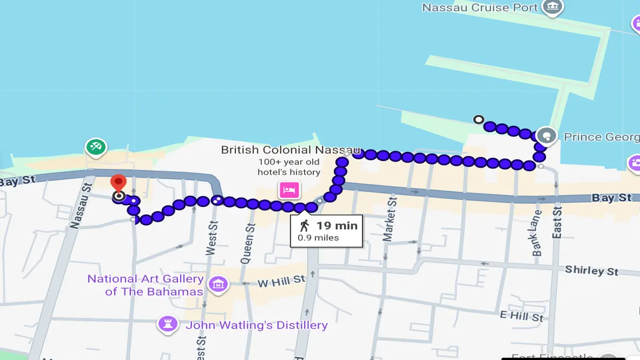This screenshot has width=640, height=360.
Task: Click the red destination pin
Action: (x=118, y=182)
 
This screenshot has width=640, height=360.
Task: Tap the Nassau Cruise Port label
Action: (x=479, y=7)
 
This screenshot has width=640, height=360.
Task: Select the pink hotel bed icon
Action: (x=289, y=189)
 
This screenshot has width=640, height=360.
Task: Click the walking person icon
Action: (x=305, y=225)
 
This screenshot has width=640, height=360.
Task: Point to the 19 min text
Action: (x=337, y=225)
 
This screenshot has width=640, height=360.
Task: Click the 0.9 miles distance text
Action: (x=318, y=238)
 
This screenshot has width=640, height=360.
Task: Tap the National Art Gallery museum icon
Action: (x=218, y=285)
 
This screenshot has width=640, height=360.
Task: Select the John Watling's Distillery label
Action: (x=256, y=325)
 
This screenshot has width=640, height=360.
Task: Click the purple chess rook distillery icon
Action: (x=168, y=324)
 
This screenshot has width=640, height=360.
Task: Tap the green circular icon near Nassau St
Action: (x=95, y=147)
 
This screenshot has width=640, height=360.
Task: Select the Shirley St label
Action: (x=591, y=270)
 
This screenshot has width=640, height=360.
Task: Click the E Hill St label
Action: (x=522, y=316)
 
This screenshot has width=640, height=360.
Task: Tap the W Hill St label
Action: (x=281, y=281)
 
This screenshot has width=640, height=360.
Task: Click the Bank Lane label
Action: (x=537, y=233)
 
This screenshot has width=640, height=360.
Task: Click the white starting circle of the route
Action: (x=478, y=119)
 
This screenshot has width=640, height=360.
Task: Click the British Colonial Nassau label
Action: (x=291, y=150)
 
